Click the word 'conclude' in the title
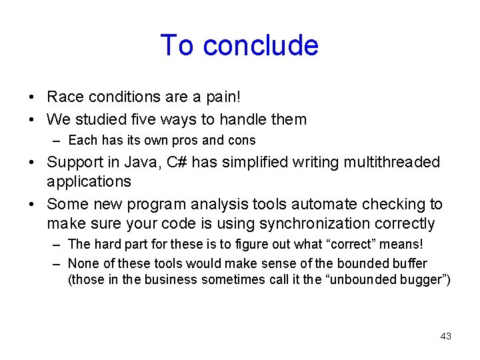(261, 45)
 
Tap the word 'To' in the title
(177, 45)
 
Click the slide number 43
(445, 336)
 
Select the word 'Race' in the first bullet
(65, 97)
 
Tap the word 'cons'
(241, 141)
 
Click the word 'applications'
(89, 181)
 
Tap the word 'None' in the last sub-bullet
(83, 263)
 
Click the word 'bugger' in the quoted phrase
(423, 279)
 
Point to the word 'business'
(167, 279)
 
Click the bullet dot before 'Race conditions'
(33, 97)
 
